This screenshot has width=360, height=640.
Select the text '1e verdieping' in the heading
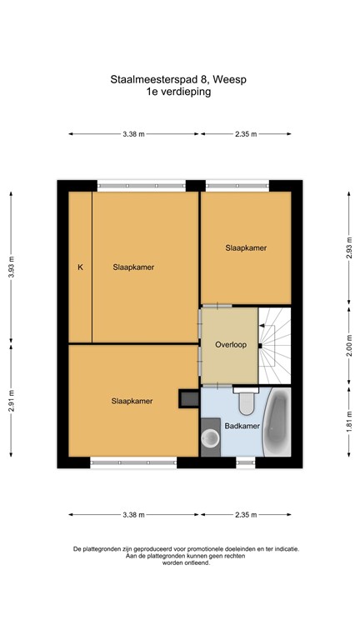click(x=180, y=92)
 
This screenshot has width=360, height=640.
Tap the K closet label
click(x=80, y=267)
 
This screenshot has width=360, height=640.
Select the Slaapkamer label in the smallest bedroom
click(x=246, y=248)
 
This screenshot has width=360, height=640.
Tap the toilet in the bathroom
click(x=246, y=403)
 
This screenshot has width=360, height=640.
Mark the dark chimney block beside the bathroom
click(x=187, y=400)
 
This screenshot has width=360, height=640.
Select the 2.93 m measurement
click(x=349, y=247)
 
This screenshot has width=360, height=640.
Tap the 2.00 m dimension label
click(x=349, y=343)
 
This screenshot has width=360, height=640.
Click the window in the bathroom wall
click(x=246, y=461)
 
